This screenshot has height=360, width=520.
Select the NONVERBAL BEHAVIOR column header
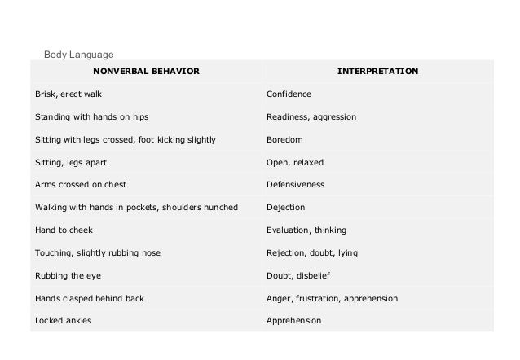coord(145,72)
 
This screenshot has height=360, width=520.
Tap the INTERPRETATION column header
coord(378,72)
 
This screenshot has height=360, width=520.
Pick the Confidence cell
coord(289,94)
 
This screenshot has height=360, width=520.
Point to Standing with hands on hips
coord(90,117)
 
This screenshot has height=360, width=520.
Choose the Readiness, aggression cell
coord(311,117)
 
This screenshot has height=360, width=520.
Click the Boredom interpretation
coord(284,140)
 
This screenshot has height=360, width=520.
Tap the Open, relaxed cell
coord(294,162)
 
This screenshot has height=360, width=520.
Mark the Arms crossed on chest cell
coord(80,185)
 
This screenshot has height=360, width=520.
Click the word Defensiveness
coord(295,185)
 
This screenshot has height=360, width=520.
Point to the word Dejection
coord(287,208)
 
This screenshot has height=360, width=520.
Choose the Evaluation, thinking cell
coord(306,230)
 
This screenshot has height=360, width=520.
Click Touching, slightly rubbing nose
coord(97,253)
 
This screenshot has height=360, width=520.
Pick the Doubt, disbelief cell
coord(301,275)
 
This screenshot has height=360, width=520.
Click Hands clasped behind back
coord(89,298)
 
